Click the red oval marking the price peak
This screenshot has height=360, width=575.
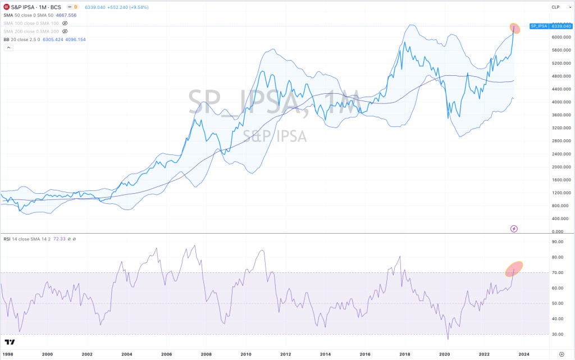tap(514, 28)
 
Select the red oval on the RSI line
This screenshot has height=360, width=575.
tap(514, 268)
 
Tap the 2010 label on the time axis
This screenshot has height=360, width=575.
tap(246, 354)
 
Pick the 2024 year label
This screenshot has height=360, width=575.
tap(523, 354)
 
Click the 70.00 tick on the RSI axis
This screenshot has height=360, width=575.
tap(557, 272)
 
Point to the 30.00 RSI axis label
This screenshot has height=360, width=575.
tap(557, 334)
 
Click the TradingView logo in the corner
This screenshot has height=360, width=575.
tap(10, 341)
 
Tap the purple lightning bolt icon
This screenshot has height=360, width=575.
tap(514, 229)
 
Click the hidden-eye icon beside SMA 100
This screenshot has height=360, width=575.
tap(65, 24)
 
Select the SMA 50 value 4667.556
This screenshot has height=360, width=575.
tap(66, 15)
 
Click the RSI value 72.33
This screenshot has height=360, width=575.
tap(58, 239)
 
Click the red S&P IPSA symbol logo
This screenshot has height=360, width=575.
tap(6, 7)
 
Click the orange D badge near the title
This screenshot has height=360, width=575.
tap(76, 7)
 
